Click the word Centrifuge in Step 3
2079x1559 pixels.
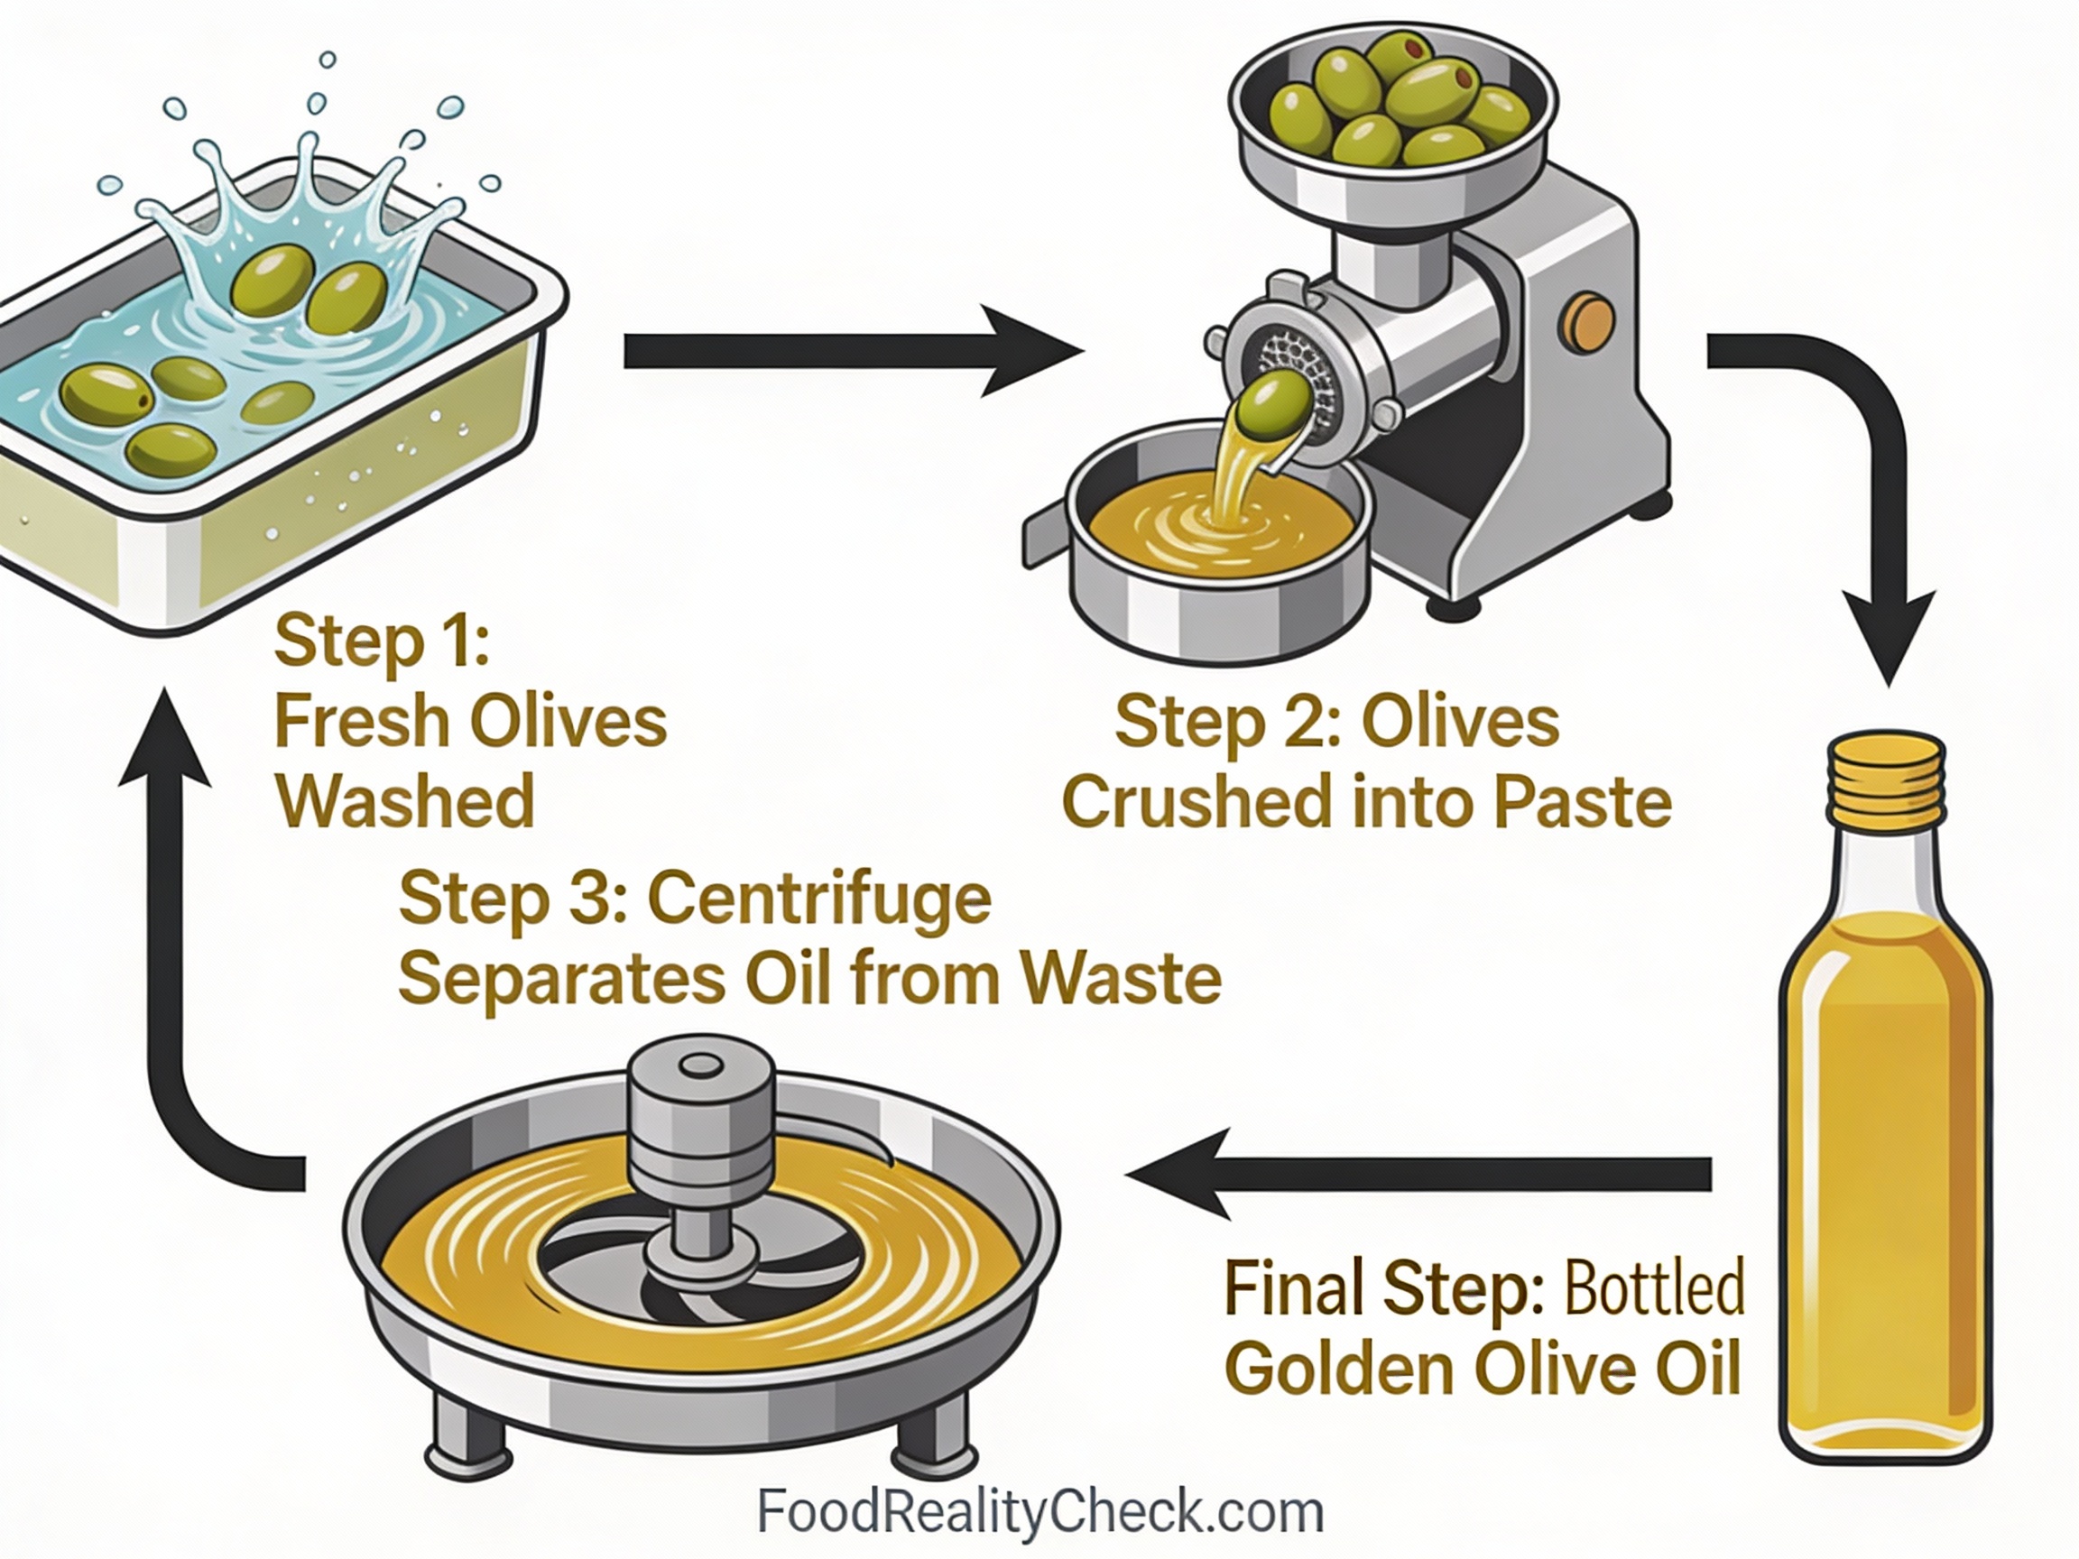818,899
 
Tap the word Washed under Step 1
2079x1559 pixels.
405,801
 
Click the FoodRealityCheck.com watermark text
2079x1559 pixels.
1039,1512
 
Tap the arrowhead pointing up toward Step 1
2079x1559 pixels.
165,738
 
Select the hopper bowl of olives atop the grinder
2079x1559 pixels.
1391,108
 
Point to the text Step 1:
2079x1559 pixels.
382,641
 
